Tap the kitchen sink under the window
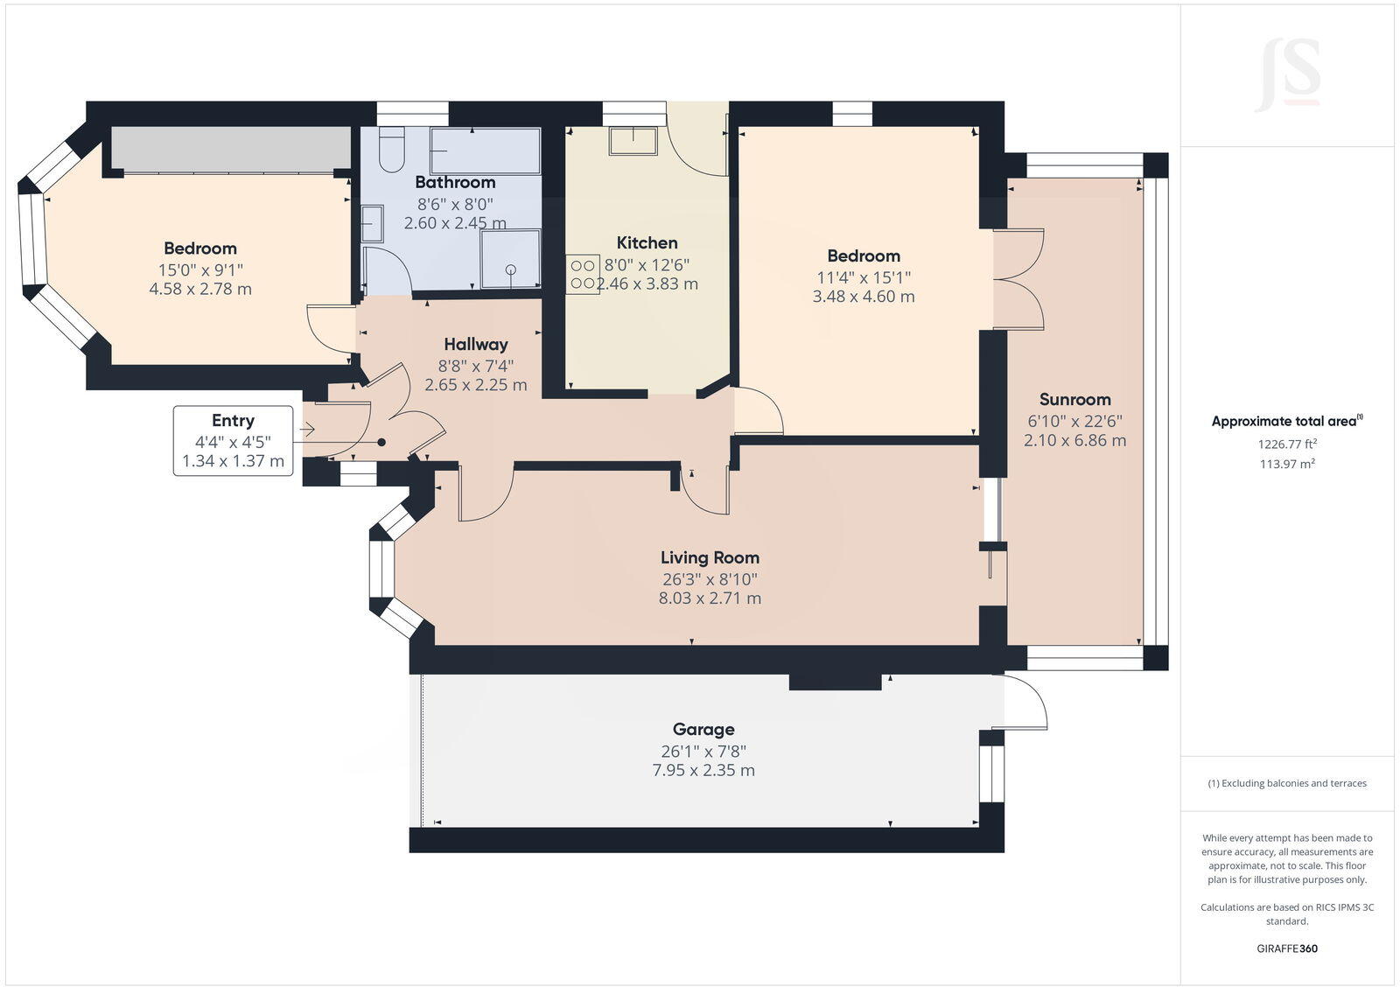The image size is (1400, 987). (633, 141)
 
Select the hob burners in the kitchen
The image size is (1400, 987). (582, 273)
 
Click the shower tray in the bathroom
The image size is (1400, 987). (510, 258)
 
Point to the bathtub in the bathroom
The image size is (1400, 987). (485, 150)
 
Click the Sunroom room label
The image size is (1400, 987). (1074, 399)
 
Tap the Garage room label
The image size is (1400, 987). (703, 729)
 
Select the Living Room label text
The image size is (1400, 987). (710, 557)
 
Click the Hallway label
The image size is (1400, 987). (475, 344)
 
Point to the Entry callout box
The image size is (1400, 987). (233, 440)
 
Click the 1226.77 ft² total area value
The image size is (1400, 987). (1286, 444)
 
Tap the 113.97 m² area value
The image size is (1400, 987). (1286, 464)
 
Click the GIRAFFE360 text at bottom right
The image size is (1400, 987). (1286, 948)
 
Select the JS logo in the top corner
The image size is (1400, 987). (1287, 73)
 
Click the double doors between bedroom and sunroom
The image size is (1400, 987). (1019, 279)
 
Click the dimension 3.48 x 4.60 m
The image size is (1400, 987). (863, 297)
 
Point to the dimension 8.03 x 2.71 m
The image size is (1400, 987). (710, 598)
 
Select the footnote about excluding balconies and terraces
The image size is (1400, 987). (1286, 783)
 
